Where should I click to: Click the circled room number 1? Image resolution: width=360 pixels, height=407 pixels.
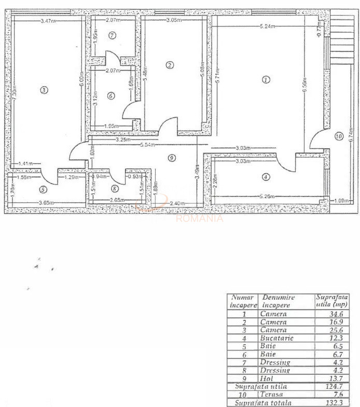(266, 80)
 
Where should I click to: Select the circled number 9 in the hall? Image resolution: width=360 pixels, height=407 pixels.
(171, 158)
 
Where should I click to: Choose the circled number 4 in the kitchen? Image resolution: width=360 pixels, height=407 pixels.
(266, 176)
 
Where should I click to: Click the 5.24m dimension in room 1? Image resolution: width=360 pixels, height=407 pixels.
(268, 26)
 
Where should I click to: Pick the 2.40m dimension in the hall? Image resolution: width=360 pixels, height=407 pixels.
(177, 203)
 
